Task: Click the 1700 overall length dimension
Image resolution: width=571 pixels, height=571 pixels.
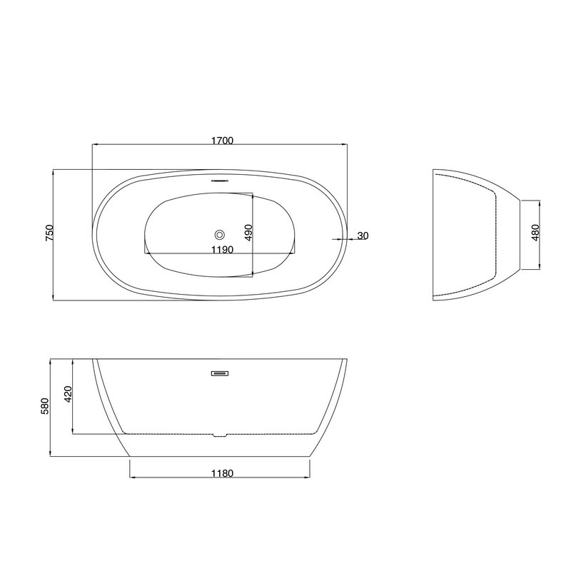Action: click(222, 141)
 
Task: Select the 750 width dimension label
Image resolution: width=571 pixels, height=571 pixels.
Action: click(49, 233)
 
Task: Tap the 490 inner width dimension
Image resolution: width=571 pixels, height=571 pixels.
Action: click(248, 233)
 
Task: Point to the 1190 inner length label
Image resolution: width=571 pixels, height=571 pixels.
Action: click(222, 250)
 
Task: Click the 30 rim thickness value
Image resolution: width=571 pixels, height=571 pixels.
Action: click(363, 236)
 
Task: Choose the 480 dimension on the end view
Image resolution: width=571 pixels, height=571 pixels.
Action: click(535, 233)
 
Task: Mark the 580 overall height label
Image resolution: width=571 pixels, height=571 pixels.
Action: click(45, 406)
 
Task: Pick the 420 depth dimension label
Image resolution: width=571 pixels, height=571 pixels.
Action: click(68, 394)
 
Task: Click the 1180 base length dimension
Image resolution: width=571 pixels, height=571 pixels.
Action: click(222, 473)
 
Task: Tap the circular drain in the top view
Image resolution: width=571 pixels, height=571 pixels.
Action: click(220, 235)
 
